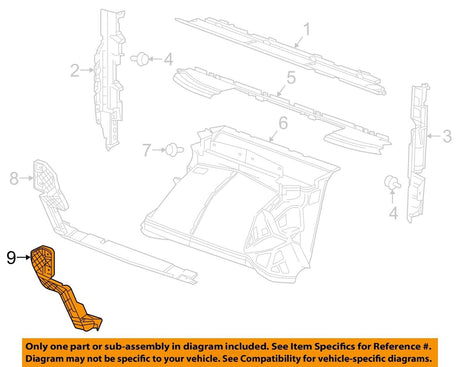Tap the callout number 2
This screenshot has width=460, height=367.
coord(75,70)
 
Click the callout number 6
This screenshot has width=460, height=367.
coord(283,123)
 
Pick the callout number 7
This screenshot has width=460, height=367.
coord(147,151)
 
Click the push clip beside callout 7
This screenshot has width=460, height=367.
coord(176,150)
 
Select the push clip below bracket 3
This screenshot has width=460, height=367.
coord(392,184)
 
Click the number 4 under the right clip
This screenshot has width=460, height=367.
coord(392,213)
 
